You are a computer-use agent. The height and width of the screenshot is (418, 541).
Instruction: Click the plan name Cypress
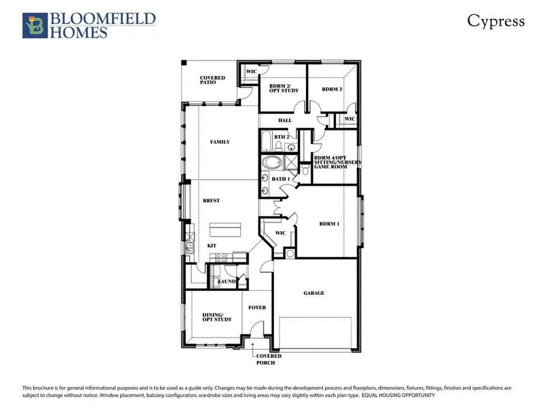coord(496,22)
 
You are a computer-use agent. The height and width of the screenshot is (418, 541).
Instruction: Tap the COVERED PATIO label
coord(213,80)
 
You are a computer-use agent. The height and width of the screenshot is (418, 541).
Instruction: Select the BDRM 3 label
coord(332,89)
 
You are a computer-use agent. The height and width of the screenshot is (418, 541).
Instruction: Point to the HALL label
coord(285,121)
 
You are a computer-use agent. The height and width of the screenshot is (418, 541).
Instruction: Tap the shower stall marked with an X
coord(291,164)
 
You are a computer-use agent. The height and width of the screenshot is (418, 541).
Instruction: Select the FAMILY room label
coord(220,142)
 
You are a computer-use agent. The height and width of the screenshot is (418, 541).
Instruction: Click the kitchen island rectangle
coord(225,229)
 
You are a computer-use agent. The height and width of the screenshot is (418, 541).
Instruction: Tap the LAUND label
coord(226,281)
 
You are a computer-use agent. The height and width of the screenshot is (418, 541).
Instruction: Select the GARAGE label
coord(314,293)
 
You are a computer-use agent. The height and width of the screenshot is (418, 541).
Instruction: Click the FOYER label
coord(257,307)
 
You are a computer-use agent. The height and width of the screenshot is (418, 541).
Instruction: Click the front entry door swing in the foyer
coord(256,329)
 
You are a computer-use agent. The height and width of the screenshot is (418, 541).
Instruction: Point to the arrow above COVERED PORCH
coord(253,345)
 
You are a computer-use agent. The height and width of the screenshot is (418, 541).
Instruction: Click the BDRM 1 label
coord(329,224)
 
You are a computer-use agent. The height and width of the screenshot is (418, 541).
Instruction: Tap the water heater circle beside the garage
coord(290,254)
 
